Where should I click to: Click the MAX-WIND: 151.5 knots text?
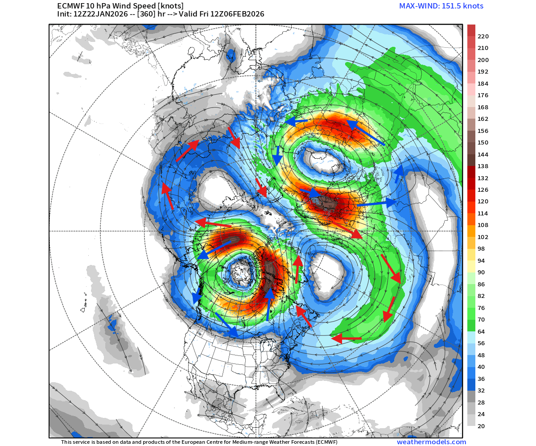pos(441,6)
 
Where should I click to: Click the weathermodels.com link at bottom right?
pos(431,442)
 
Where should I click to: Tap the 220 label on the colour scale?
pos(483,36)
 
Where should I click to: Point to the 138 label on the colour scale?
pos(483,166)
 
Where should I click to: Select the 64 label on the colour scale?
pos(481,332)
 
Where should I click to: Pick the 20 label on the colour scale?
pos(481,426)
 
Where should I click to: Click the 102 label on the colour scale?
pos(483,237)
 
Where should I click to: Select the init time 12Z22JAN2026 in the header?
pos(100,14)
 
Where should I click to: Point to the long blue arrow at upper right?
pos(365,132)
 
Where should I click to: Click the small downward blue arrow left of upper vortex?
pos(277,155)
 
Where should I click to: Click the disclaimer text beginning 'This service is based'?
pos(199,442)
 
